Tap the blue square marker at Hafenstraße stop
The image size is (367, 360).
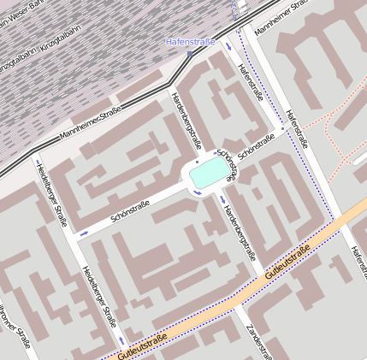click(x=190, y=53)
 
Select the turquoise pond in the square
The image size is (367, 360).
click(x=210, y=175)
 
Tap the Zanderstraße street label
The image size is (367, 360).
click(x=259, y=341)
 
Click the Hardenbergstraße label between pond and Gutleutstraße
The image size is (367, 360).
click(x=239, y=230)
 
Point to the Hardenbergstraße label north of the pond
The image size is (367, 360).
click(x=186, y=119)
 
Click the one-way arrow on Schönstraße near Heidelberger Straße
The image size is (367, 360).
click(x=84, y=232)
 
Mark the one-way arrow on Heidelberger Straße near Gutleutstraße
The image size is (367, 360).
click(x=121, y=340)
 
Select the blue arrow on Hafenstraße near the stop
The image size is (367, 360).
click(x=228, y=47)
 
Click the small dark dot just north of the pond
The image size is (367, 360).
click(x=197, y=160)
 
